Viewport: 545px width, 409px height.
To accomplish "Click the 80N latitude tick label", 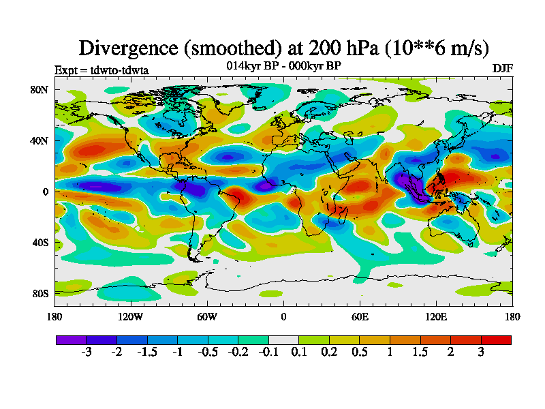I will click(x=40, y=89).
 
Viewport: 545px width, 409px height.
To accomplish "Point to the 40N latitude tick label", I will click(x=40, y=140).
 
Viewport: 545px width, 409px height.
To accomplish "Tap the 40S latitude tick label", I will click(x=41, y=242).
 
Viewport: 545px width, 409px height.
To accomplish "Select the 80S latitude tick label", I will click(x=41, y=293).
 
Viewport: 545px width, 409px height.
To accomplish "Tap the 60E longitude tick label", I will click(x=360, y=316).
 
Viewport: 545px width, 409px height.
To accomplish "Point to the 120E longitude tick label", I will click(x=436, y=316).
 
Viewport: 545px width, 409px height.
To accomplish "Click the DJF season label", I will click(x=502, y=69).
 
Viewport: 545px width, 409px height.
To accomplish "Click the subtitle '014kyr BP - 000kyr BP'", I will click(x=283, y=65).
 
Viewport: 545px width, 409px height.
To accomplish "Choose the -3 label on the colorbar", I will click(x=86, y=352).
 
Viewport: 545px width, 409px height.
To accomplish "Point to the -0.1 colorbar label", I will click(x=268, y=352).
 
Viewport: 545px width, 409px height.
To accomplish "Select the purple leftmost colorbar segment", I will click(x=71, y=339).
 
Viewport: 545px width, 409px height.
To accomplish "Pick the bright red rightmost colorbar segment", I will click(x=496, y=339).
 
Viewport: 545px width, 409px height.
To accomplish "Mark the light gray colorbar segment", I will click(x=283, y=339).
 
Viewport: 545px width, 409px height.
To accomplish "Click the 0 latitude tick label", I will click(x=46, y=192).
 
